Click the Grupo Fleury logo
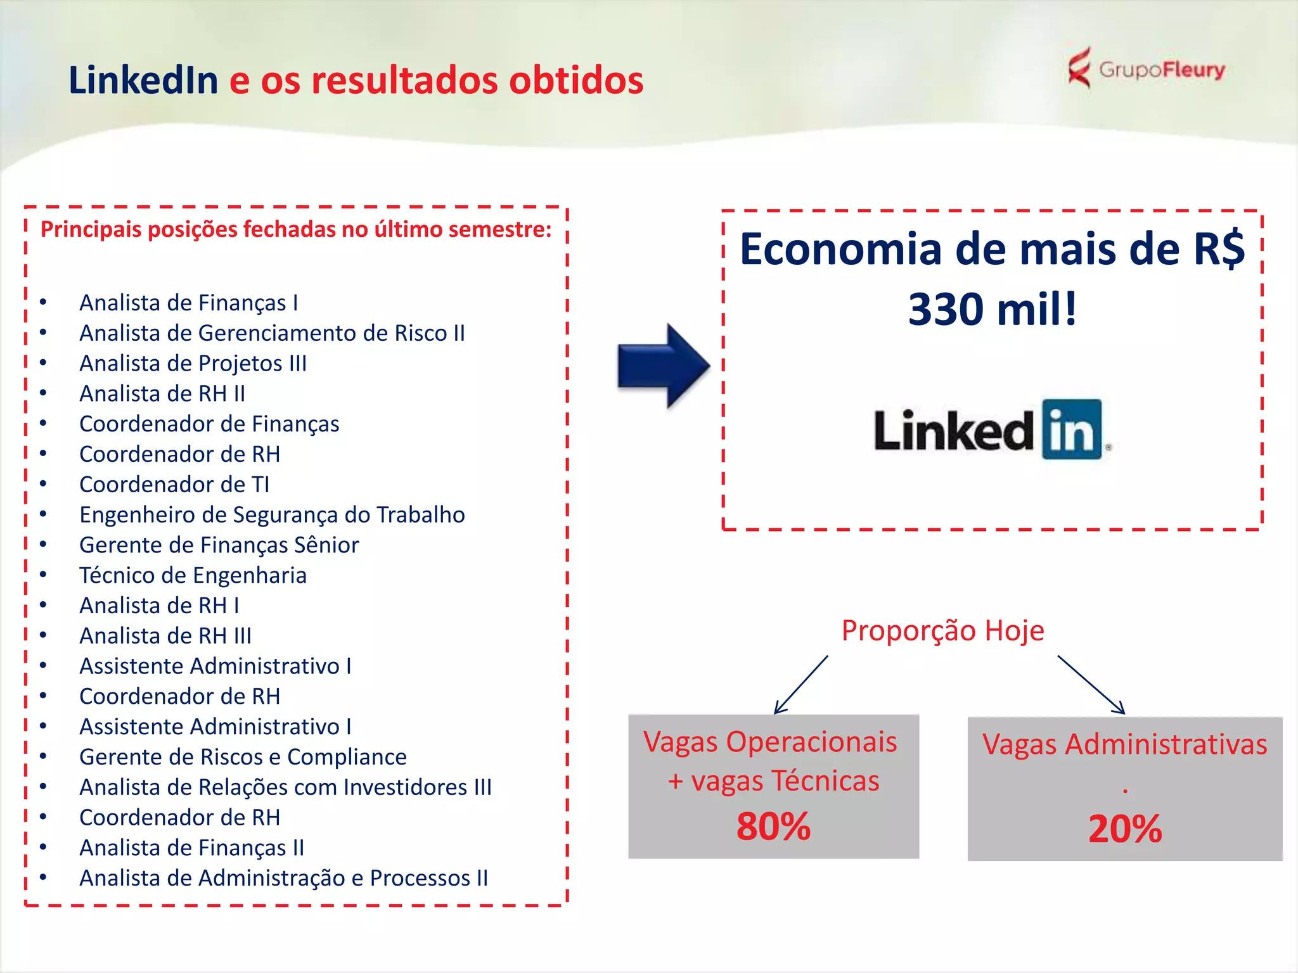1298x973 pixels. (1146, 68)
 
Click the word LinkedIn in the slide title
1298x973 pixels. (143, 80)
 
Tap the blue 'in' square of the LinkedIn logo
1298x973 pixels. (1072, 429)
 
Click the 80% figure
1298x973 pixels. (773, 827)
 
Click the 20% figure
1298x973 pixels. (1125, 829)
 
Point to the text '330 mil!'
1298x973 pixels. (993, 309)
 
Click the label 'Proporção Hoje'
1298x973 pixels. (942, 630)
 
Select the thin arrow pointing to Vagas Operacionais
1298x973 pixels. (801, 685)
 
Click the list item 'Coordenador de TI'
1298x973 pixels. (174, 485)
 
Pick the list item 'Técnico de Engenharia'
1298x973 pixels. (193, 575)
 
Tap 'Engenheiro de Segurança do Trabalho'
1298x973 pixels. (272, 515)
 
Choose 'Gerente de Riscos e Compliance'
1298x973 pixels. (243, 757)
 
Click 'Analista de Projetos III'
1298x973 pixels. (193, 364)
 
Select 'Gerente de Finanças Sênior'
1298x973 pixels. (219, 545)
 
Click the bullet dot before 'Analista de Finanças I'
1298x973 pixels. (43, 302)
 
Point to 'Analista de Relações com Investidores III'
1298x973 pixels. (285, 787)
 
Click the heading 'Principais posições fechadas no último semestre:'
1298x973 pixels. (296, 229)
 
